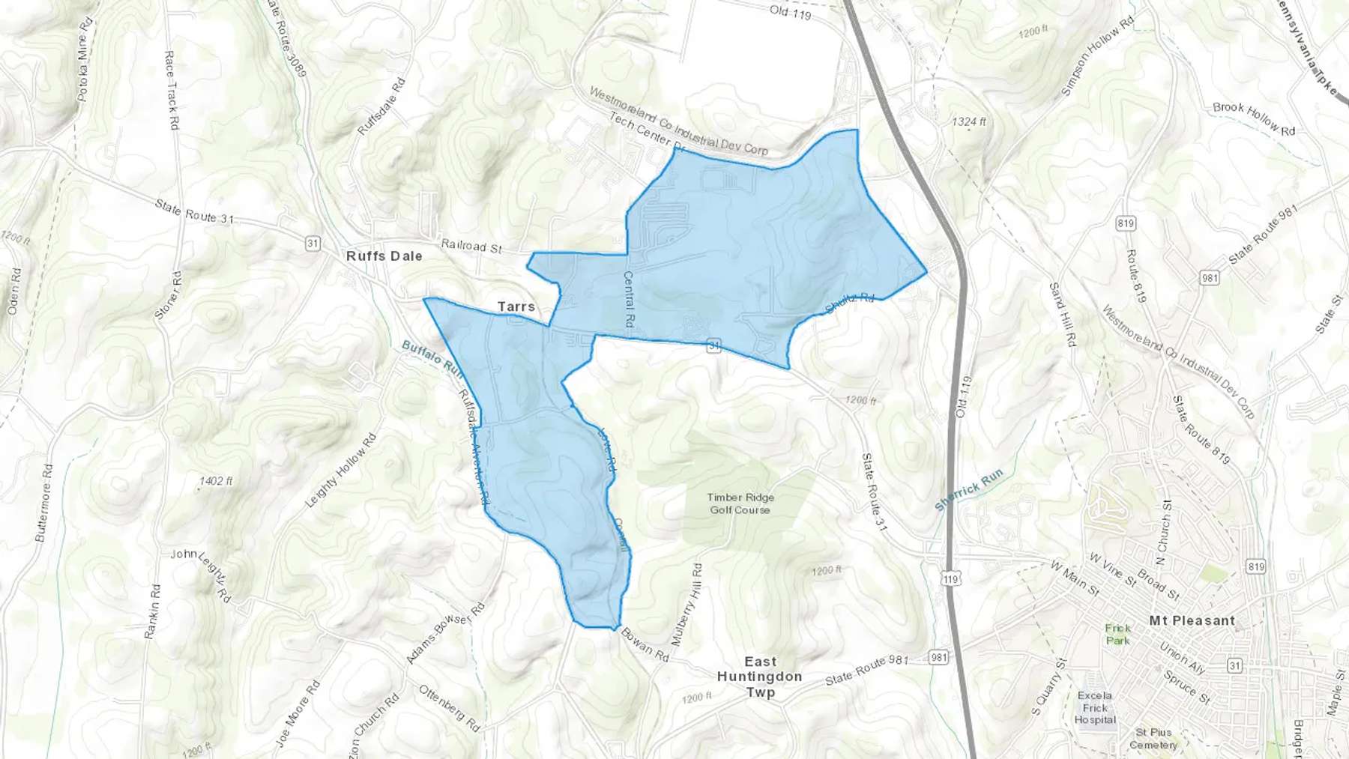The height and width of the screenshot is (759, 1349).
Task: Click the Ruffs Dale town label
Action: pyautogui.click(x=384, y=256)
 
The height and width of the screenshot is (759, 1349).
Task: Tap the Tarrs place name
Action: pyautogui.click(x=516, y=306)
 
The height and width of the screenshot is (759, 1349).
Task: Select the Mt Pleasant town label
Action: pyautogui.click(x=1192, y=620)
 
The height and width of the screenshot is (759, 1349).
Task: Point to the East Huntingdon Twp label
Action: pyautogui.click(x=760, y=677)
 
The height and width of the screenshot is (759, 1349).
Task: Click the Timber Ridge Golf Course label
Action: pyautogui.click(x=740, y=504)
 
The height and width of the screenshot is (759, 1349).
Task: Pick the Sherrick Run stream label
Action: pyautogui.click(x=968, y=491)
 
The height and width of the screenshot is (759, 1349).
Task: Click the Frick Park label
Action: pyautogui.click(x=1117, y=634)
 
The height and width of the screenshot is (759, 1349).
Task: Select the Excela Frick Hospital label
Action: pyautogui.click(x=1095, y=707)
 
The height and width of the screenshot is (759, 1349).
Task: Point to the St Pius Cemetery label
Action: pyautogui.click(x=1153, y=738)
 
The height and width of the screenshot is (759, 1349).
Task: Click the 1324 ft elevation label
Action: pyautogui.click(x=969, y=121)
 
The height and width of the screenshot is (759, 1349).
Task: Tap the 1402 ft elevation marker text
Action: pyautogui.click(x=216, y=481)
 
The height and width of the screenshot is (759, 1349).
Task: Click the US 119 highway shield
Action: pyautogui.click(x=951, y=579)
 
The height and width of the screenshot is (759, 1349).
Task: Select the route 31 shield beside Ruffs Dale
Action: pyautogui.click(x=313, y=244)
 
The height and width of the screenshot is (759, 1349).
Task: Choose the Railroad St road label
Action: pyautogui.click(x=471, y=246)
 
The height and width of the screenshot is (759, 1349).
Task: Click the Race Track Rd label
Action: pyautogui.click(x=172, y=91)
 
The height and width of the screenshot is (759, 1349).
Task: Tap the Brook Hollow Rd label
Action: pyautogui.click(x=1254, y=118)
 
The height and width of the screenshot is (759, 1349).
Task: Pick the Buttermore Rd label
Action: pyautogui.click(x=44, y=503)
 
